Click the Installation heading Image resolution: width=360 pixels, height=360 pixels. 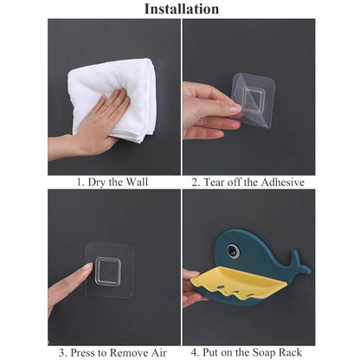[x=180, y=10]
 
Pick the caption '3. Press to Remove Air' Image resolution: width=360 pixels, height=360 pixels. [x=113, y=352]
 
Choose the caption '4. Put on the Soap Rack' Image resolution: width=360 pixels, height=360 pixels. [x=247, y=352]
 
